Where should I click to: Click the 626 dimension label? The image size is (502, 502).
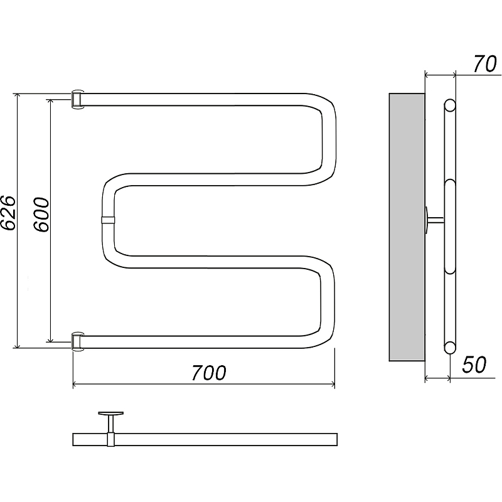coord(8,213)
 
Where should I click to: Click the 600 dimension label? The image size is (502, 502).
coord(41,215)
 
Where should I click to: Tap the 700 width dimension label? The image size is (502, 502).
coord(209,373)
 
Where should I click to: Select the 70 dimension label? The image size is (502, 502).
coord(484,64)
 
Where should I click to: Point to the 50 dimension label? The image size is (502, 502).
coord(474,365)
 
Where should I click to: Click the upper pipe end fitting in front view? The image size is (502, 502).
coord(77,100)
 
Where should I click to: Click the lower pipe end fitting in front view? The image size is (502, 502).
coord(77,341)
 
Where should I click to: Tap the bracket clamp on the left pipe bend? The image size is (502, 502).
coord(108,220)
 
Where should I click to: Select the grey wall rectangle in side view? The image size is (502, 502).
coord(407,227)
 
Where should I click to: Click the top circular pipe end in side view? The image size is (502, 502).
coord(450,105)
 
